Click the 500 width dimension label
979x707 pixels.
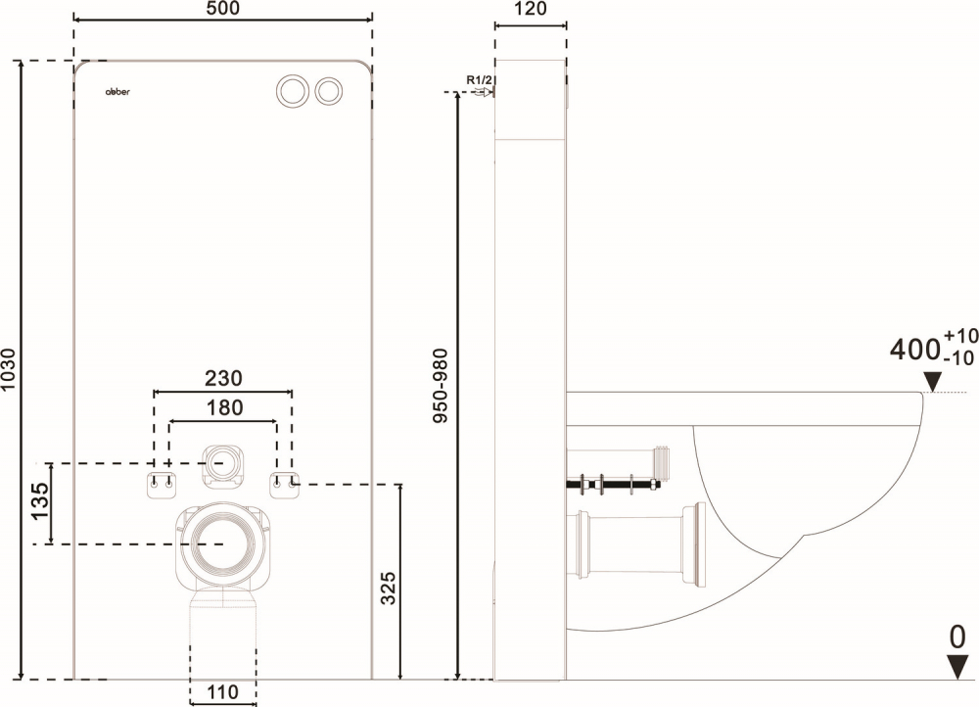222,9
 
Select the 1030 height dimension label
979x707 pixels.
10,368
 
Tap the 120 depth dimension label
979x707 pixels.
530,9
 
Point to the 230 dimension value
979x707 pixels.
223,378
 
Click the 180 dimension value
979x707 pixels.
223,408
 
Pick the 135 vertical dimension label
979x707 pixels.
38,503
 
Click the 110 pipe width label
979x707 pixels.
223,692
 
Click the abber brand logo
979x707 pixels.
117,90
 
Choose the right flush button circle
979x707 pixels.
329,89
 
